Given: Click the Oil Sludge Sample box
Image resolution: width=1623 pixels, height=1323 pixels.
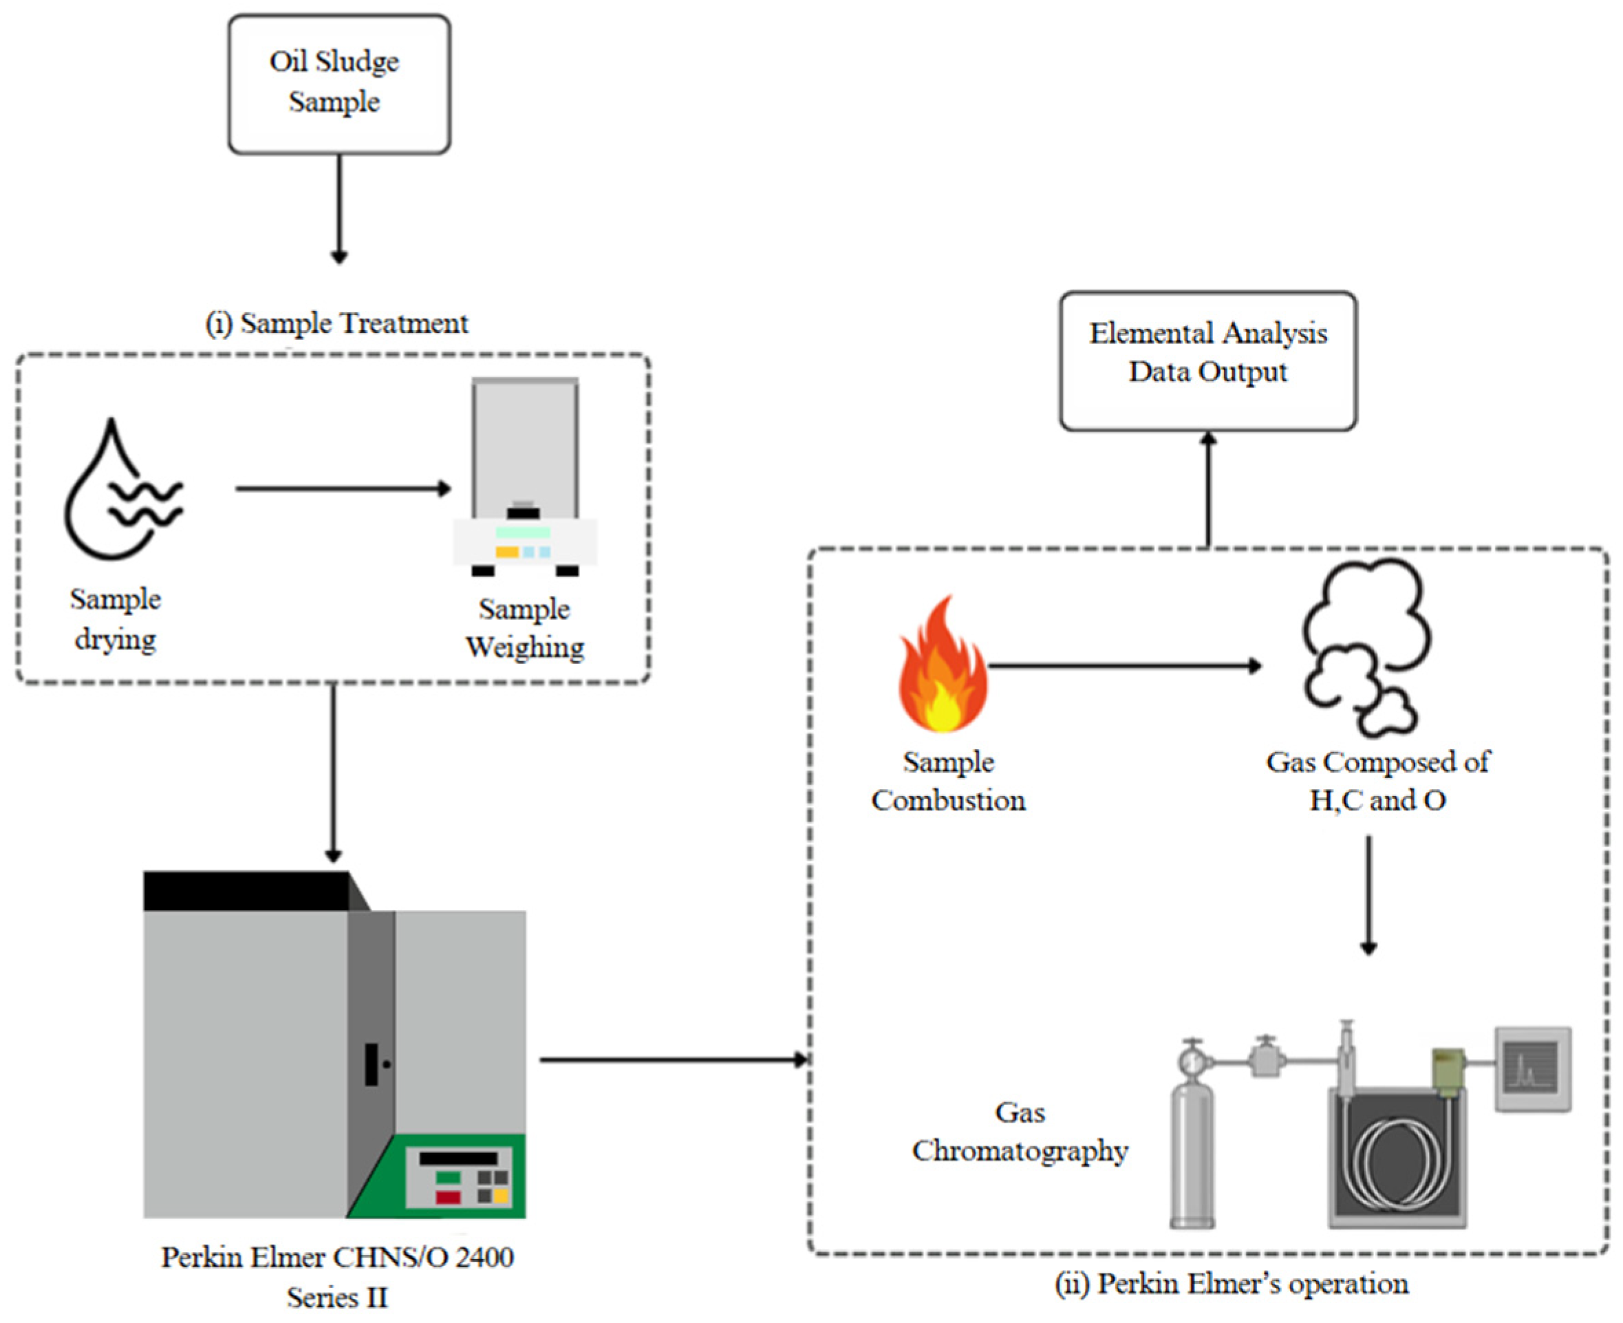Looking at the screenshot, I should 339,84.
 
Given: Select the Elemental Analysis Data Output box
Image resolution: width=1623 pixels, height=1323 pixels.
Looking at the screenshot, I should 1207,360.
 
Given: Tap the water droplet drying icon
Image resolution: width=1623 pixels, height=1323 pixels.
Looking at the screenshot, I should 122,491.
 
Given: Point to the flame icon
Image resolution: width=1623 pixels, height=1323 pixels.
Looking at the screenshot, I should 943,667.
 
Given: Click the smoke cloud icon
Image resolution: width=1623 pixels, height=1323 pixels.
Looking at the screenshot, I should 1364,648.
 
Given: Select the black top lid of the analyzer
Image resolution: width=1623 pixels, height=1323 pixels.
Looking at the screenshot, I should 248,891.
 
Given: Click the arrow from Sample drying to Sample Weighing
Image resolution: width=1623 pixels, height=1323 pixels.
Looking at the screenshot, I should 343,488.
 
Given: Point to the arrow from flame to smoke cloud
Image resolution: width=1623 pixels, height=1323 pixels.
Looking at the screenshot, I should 1124,666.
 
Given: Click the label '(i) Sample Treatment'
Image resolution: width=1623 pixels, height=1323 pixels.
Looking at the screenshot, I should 337,323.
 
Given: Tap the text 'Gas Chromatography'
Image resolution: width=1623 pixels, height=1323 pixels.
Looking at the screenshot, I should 1020,1132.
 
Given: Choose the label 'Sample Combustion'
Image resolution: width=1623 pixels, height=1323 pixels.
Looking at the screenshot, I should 948,781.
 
